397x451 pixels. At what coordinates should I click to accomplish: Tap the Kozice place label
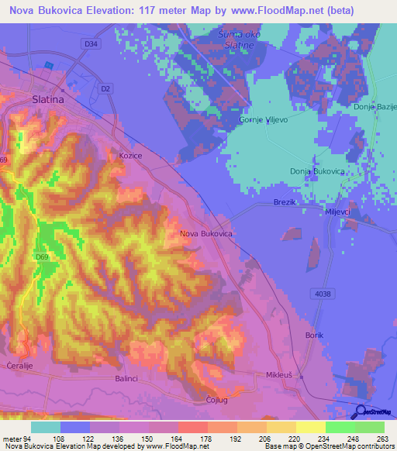click(x=129, y=156)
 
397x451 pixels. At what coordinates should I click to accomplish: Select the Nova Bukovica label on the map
click(x=205, y=232)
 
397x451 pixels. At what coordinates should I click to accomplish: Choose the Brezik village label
click(x=285, y=201)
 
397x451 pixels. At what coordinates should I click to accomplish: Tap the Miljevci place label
click(x=340, y=212)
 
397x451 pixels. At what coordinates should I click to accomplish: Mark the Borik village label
click(x=314, y=335)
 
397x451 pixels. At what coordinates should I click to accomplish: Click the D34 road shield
click(x=91, y=44)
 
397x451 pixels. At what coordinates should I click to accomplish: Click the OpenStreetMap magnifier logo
click(x=361, y=411)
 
